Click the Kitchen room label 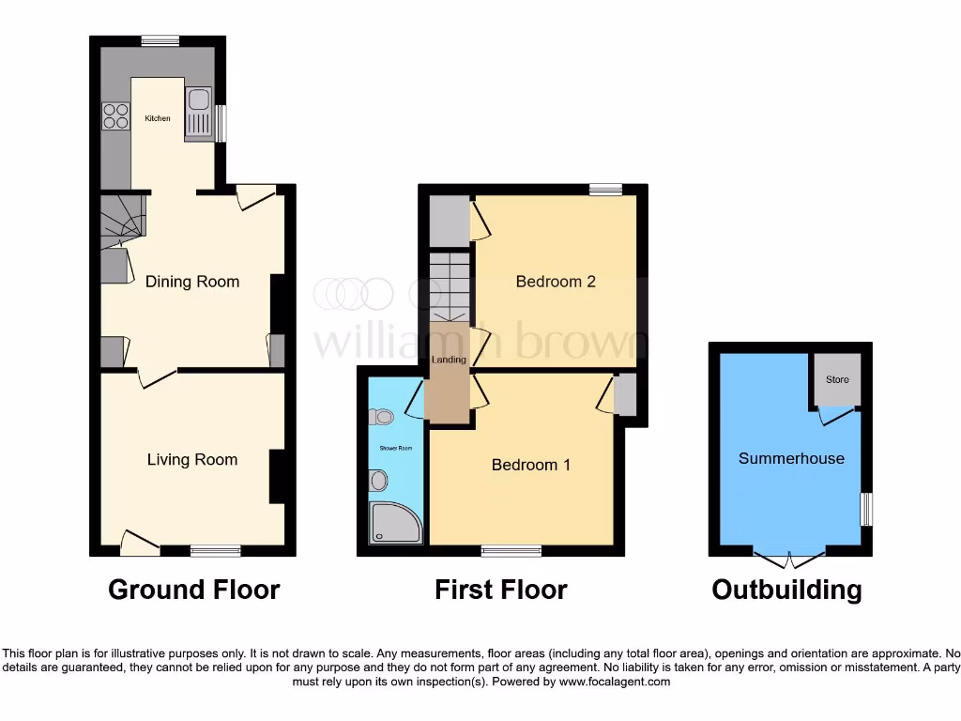[x=157, y=118]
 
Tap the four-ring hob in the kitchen [x=115, y=115]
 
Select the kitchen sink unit [x=199, y=112]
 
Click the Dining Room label [x=192, y=282]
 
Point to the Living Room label [x=192, y=459]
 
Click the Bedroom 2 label [x=556, y=282]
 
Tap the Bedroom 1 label [x=531, y=465]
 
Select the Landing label [x=449, y=360]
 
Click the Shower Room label [x=396, y=448]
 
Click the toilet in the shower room [x=382, y=417]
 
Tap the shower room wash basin [x=378, y=482]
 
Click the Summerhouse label [x=791, y=458]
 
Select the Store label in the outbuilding [x=837, y=379]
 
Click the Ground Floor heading [x=193, y=590]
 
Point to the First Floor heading [x=500, y=590]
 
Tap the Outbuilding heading [x=786, y=590]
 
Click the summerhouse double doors [x=789, y=560]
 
